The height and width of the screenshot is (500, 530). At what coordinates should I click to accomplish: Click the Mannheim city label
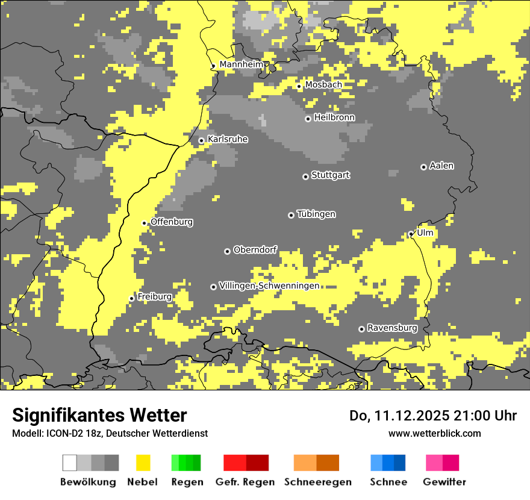click(x=241, y=64)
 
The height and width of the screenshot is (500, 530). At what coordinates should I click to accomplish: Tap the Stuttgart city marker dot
click(x=305, y=177)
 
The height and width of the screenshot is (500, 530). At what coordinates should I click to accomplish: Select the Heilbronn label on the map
click(x=334, y=117)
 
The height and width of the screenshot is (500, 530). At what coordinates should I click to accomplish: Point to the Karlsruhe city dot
click(x=202, y=141)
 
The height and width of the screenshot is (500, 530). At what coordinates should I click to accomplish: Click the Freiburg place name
click(x=154, y=297)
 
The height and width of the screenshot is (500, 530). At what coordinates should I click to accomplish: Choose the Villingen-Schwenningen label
click(x=269, y=286)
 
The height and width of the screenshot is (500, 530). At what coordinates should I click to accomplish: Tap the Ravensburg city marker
click(x=361, y=329)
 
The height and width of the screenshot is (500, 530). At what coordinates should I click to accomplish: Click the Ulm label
click(x=425, y=233)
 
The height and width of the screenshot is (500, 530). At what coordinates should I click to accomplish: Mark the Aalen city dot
click(x=423, y=167)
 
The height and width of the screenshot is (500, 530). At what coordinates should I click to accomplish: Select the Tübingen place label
click(x=316, y=214)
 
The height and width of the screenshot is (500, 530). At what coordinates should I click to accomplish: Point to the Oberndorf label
click(x=255, y=249)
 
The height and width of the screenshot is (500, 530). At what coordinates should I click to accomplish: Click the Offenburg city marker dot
click(x=145, y=223)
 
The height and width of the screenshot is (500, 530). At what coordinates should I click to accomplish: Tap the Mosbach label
click(x=323, y=85)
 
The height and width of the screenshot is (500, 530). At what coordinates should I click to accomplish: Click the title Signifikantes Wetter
click(x=99, y=416)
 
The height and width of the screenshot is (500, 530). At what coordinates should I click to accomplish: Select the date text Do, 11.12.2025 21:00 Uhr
click(x=433, y=416)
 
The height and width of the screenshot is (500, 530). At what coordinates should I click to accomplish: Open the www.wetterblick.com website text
click(x=434, y=433)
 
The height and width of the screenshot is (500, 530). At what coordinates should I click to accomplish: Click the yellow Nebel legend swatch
click(x=143, y=463)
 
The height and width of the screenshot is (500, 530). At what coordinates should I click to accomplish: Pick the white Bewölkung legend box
click(x=70, y=463)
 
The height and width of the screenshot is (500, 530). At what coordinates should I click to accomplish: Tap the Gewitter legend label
click(x=444, y=482)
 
